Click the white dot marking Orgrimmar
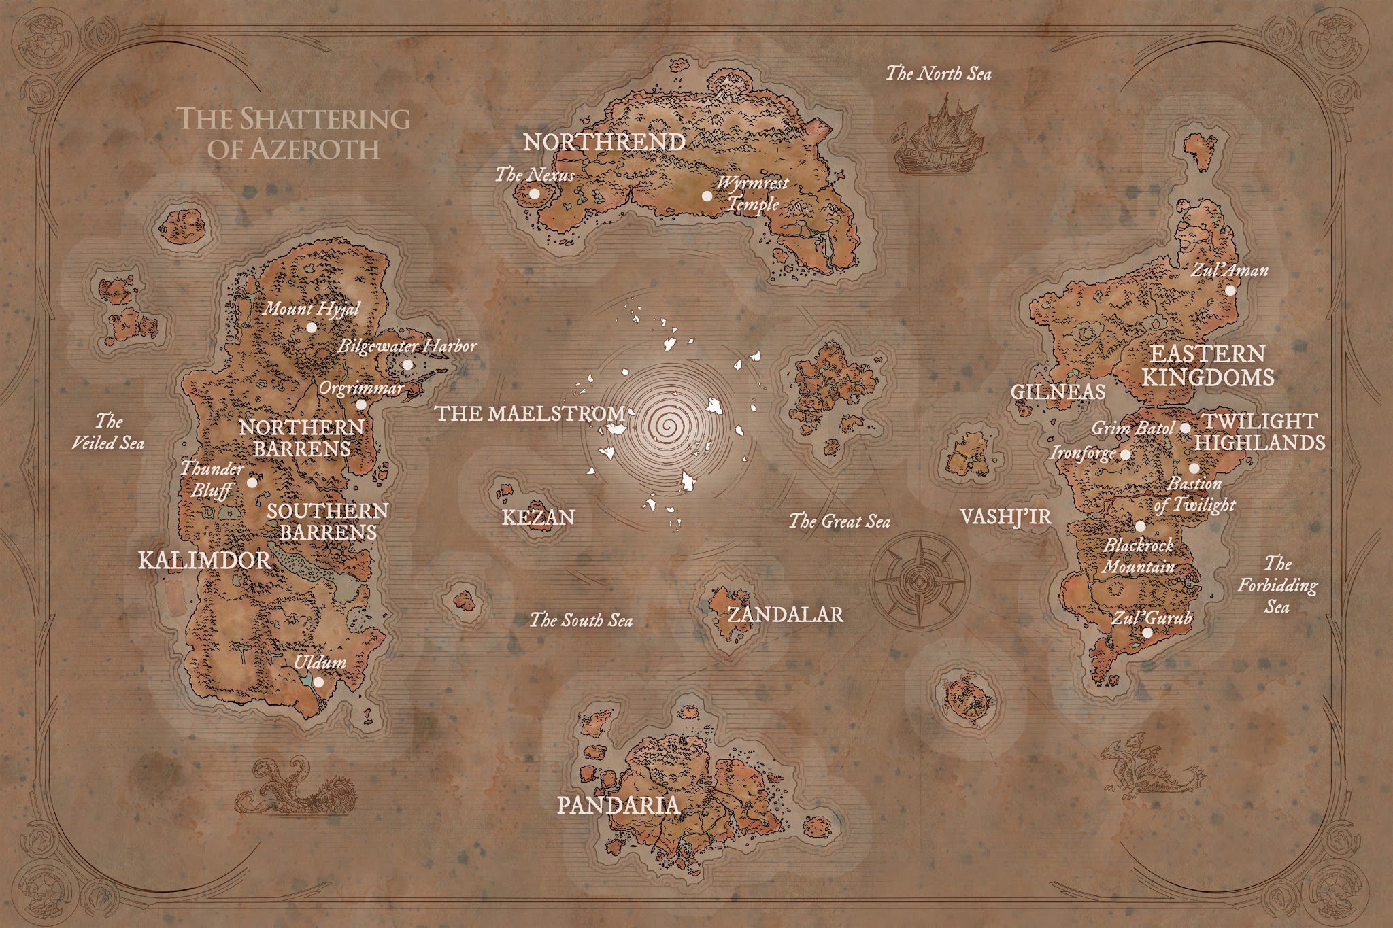(361, 405)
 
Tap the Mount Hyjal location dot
(312, 327)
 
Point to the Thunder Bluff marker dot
(252, 483)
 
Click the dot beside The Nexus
(535, 194)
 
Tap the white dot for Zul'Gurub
(1147, 632)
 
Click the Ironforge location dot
(1125, 454)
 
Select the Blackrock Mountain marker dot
(1141, 526)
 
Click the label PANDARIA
(618, 806)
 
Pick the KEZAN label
(538, 518)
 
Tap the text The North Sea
(938, 73)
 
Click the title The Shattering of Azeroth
(294, 133)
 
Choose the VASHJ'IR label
(1005, 517)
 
